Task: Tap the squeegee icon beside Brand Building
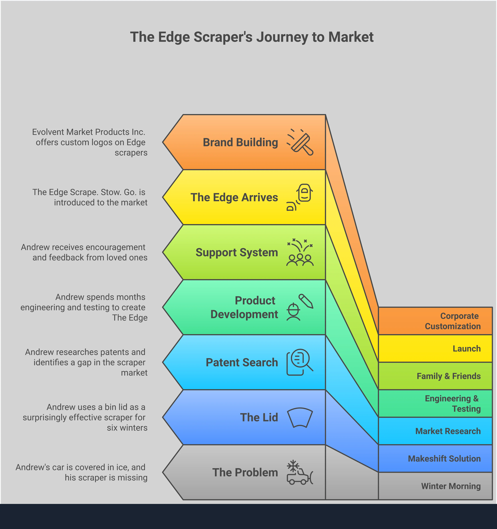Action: coord(300,142)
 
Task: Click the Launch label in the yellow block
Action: coord(467,349)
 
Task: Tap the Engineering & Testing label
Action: coord(453,403)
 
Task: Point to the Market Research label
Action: coord(448,431)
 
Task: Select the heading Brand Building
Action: coord(240,142)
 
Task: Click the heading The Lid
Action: coord(259,418)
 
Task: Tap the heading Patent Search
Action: coord(242,362)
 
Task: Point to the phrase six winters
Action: coord(127,428)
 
